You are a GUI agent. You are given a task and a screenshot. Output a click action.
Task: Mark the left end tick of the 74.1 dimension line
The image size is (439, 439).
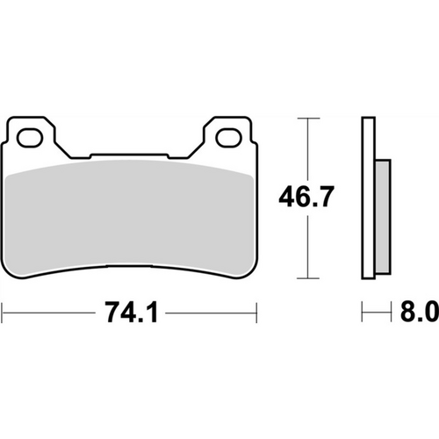pos(4,312)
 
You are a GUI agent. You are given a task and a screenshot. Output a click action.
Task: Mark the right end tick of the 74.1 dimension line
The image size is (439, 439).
pos(255,312)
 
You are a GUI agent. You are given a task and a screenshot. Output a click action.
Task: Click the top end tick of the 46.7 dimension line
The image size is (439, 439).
pos(305,117)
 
